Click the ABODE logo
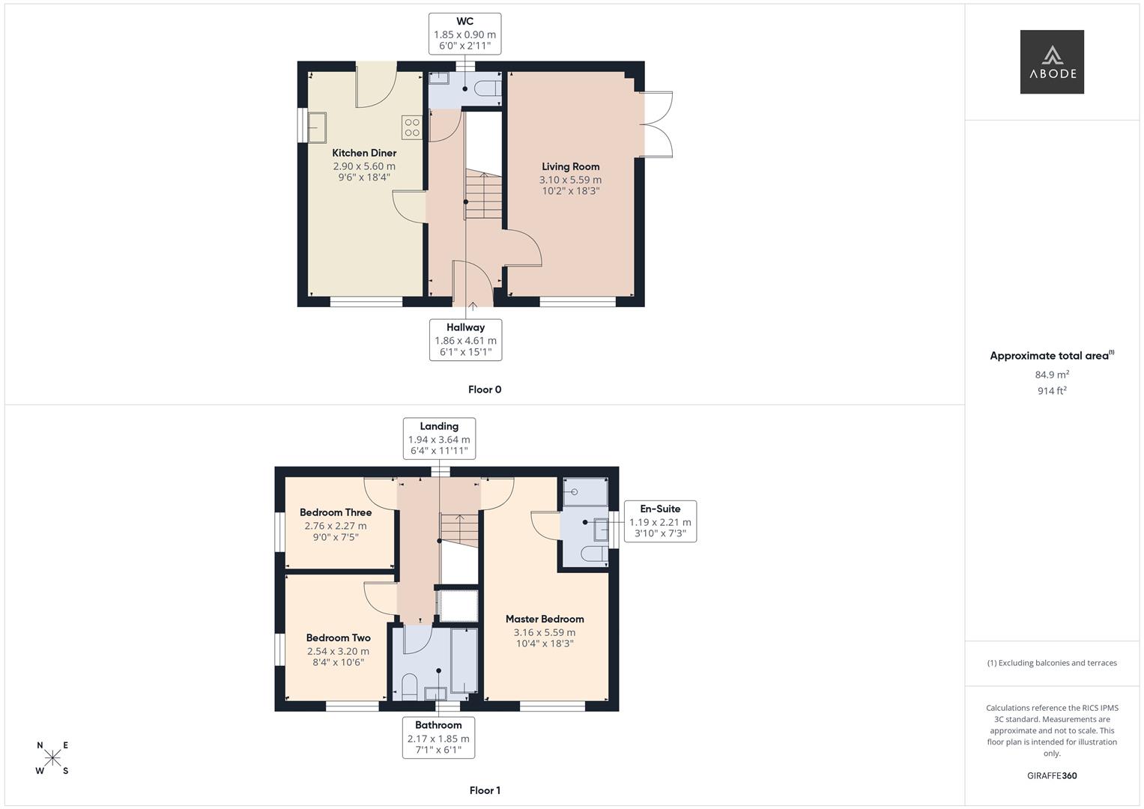(x=1051, y=62)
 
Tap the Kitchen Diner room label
(x=364, y=153)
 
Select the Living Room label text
(x=570, y=166)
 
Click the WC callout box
(x=464, y=34)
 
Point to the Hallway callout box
(x=465, y=339)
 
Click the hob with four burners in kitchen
(x=411, y=127)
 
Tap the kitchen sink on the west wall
(x=317, y=127)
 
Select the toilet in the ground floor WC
(x=488, y=88)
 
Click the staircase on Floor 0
(x=482, y=196)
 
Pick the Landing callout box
(x=439, y=438)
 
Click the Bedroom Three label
(x=336, y=512)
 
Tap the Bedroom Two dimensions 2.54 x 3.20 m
(x=338, y=651)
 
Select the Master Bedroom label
(x=545, y=619)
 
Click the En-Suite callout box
(x=660, y=521)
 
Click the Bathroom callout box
(x=438, y=737)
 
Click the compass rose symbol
(x=52, y=758)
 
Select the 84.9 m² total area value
(x=1052, y=375)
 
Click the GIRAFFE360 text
(x=1052, y=775)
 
